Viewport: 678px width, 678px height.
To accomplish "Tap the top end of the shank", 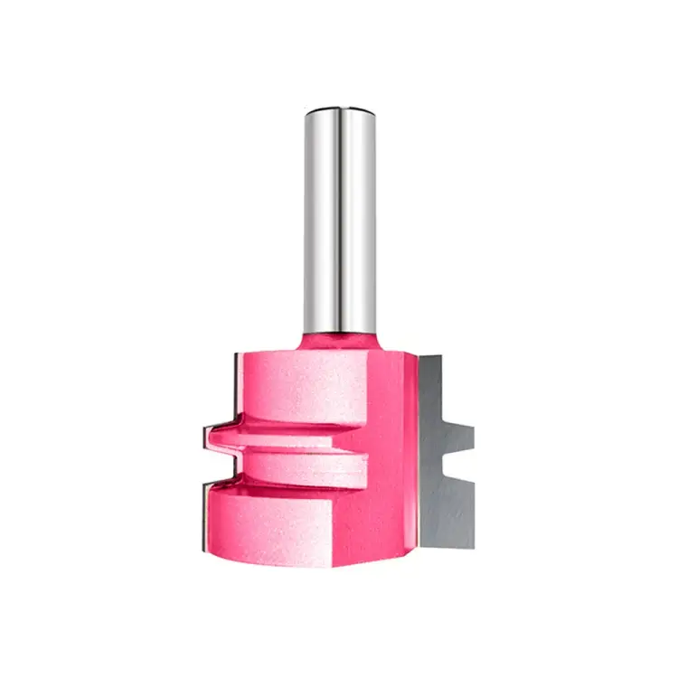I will point(339,112).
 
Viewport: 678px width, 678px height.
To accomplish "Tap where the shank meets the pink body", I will point(339,331).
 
